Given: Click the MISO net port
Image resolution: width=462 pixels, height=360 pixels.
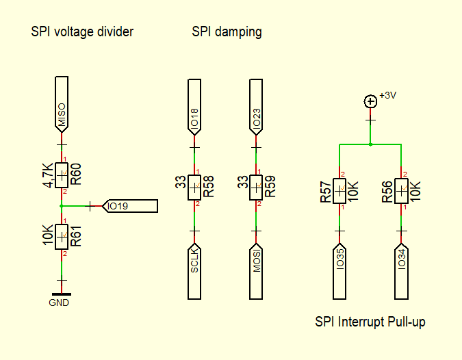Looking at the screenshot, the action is (62, 105).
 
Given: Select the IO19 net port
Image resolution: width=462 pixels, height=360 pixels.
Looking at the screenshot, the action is (130, 206).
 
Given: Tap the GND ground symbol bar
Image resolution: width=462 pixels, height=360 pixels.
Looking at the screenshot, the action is (62, 294).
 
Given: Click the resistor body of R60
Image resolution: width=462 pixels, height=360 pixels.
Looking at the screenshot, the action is (62, 175).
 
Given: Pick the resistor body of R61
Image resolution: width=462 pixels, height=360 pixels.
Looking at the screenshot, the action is (62, 237).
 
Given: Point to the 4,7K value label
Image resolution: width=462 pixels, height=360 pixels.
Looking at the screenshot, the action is (48, 175).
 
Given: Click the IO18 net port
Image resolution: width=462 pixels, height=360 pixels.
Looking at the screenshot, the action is (194, 107).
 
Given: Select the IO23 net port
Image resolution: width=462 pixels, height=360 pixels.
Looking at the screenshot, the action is (256, 107).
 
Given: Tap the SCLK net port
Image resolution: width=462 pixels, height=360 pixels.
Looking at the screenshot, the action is (194, 271).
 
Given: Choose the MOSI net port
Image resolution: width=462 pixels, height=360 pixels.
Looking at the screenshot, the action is (256, 271).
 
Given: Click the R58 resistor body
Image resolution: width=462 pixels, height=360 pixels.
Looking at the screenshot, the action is (194, 188).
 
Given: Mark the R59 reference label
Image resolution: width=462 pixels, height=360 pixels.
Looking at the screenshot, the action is (270, 186).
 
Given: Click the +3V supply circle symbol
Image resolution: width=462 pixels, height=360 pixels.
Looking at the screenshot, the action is (370, 102).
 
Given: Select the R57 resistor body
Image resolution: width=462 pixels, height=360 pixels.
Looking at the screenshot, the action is (339, 191).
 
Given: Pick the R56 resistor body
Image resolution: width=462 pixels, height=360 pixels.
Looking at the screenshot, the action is (401, 191).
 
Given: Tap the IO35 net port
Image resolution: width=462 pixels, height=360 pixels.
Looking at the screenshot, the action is (339, 271).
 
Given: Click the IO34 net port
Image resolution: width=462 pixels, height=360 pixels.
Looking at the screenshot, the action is (401, 271).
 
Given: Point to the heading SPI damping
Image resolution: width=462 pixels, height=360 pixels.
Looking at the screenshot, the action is (227, 31).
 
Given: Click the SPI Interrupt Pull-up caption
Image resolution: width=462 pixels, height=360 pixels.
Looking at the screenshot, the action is (370, 322).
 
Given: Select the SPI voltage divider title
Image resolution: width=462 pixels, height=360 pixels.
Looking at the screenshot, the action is (82, 31).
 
